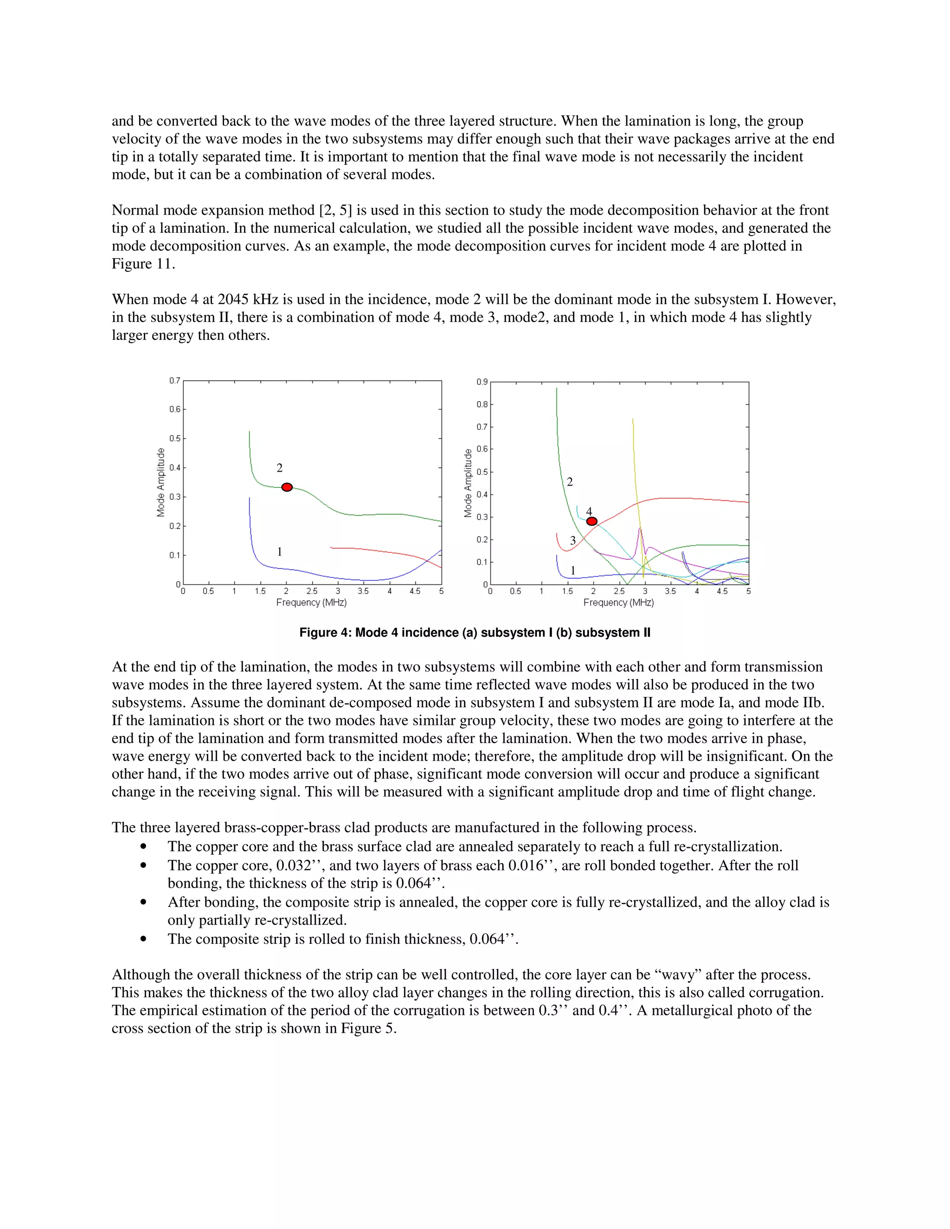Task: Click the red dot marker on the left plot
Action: point(287,487)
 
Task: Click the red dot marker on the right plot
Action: point(591,521)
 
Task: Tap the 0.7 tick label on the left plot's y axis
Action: point(174,381)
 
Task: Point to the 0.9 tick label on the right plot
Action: point(482,382)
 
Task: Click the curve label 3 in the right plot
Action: point(572,540)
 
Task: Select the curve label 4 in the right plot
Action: point(589,511)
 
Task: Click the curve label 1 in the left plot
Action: point(279,551)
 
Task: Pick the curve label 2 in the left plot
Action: point(279,467)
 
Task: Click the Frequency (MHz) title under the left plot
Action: point(311,603)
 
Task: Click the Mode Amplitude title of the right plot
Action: point(468,483)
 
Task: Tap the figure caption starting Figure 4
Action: point(475,633)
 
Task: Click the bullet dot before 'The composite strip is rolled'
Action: point(144,939)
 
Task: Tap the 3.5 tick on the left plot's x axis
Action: point(363,591)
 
